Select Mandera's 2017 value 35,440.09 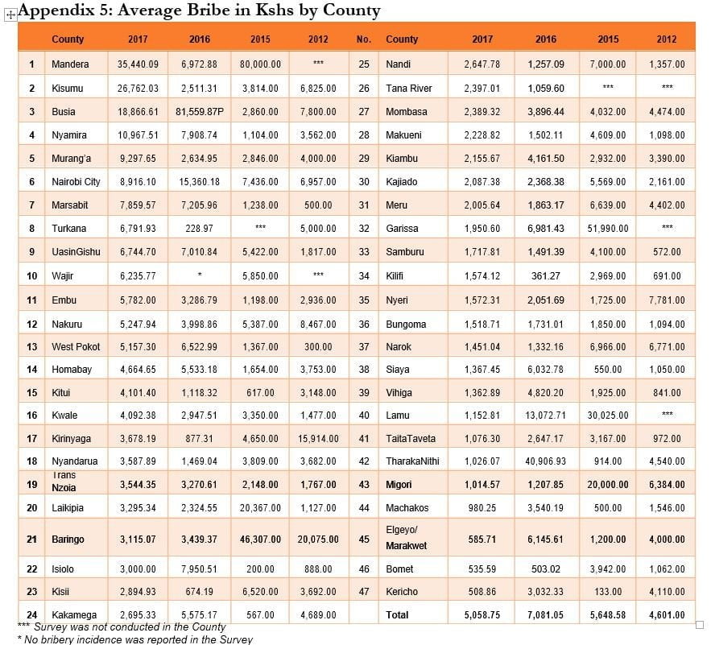pyautogui.click(x=138, y=64)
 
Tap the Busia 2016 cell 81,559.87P pyautogui.click(x=200, y=112)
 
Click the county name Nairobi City pyautogui.click(x=76, y=182)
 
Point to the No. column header pyautogui.click(x=364, y=39)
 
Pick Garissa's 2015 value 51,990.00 pyautogui.click(x=608, y=229)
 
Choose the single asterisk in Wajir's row pyautogui.click(x=200, y=275)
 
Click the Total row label pyautogui.click(x=397, y=615)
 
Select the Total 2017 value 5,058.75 pyautogui.click(x=482, y=615)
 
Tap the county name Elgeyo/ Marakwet pyautogui.click(x=407, y=538)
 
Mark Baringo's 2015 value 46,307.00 pyautogui.click(x=260, y=540)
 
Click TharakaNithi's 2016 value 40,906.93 pyautogui.click(x=545, y=461)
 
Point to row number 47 pyautogui.click(x=364, y=592)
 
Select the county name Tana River pyautogui.click(x=409, y=89)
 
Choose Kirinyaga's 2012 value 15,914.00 pyautogui.click(x=318, y=439)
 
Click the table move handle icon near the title pyautogui.click(x=10, y=15)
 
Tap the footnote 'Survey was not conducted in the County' pyautogui.click(x=130, y=626)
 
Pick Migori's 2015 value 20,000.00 pyautogui.click(x=608, y=485)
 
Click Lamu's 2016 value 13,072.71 pyautogui.click(x=545, y=415)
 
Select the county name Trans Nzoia pyautogui.click(x=64, y=482)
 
